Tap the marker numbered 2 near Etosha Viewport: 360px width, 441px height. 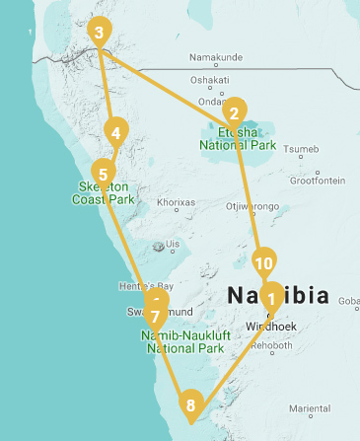(x=236, y=111)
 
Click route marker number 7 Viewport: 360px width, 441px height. (x=155, y=318)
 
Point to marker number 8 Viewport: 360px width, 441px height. (x=191, y=403)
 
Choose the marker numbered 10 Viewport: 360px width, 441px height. (x=262, y=263)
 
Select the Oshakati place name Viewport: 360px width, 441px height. (x=209, y=81)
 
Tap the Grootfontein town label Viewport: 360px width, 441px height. (x=316, y=181)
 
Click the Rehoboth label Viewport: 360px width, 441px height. (x=272, y=346)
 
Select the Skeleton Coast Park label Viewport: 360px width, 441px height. (x=103, y=192)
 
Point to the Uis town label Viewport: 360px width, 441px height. (x=174, y=244)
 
